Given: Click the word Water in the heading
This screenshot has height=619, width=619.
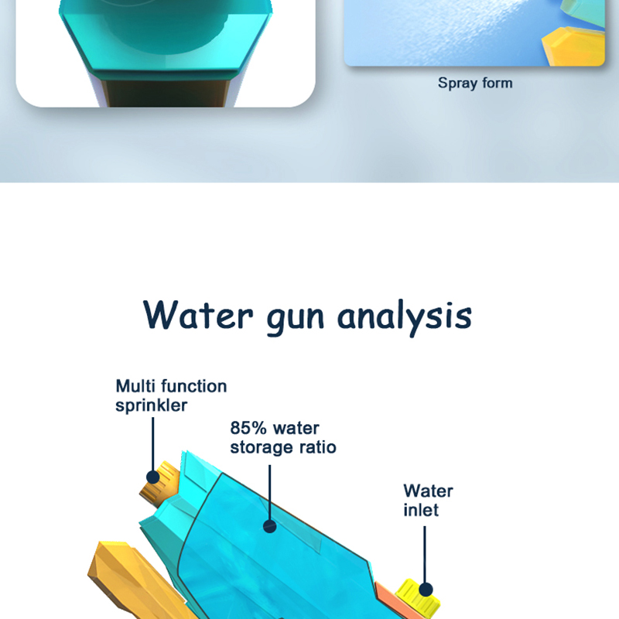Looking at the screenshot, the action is point(198,315).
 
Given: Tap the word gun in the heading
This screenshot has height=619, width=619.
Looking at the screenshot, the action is point(296,320).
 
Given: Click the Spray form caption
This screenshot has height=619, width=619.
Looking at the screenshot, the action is point(475,84).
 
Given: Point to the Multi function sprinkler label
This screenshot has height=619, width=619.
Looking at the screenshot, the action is point(171,395).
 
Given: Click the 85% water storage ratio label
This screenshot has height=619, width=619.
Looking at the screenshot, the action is point(283,438).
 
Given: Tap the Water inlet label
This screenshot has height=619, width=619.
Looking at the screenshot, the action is point(428,501).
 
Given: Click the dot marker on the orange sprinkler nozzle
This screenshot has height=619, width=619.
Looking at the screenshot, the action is point(152,477).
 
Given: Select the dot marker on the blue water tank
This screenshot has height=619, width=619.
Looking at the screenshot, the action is point(269,526).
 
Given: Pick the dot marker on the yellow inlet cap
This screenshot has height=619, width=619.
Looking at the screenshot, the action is point(425,590).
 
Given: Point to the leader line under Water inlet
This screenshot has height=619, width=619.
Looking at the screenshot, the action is point(425,554).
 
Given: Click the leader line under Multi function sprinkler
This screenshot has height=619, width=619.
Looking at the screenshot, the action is point(152,444).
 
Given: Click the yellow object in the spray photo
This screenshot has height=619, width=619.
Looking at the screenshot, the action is point(573,46).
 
